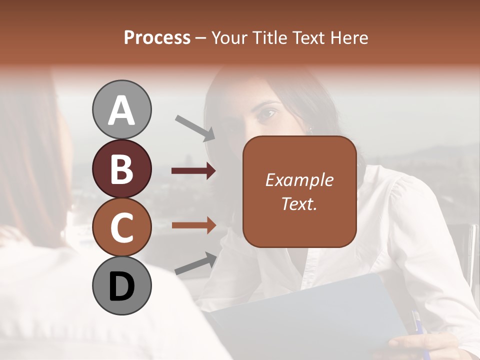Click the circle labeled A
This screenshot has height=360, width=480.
point(121,110)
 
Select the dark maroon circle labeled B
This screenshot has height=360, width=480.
point(121,169)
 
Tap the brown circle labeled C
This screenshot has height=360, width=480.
point(121,227)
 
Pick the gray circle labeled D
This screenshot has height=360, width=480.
point(121,286)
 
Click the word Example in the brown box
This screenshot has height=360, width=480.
point(299,180)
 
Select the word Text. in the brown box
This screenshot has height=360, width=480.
point(299,203)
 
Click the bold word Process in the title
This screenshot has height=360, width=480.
point(157,38)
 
